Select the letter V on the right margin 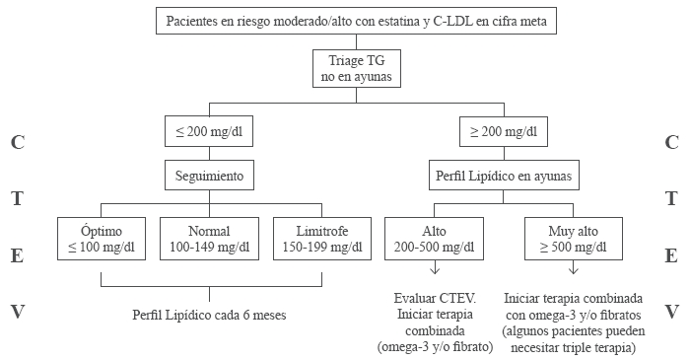tap(672, 312)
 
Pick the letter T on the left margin tap(16, 199)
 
